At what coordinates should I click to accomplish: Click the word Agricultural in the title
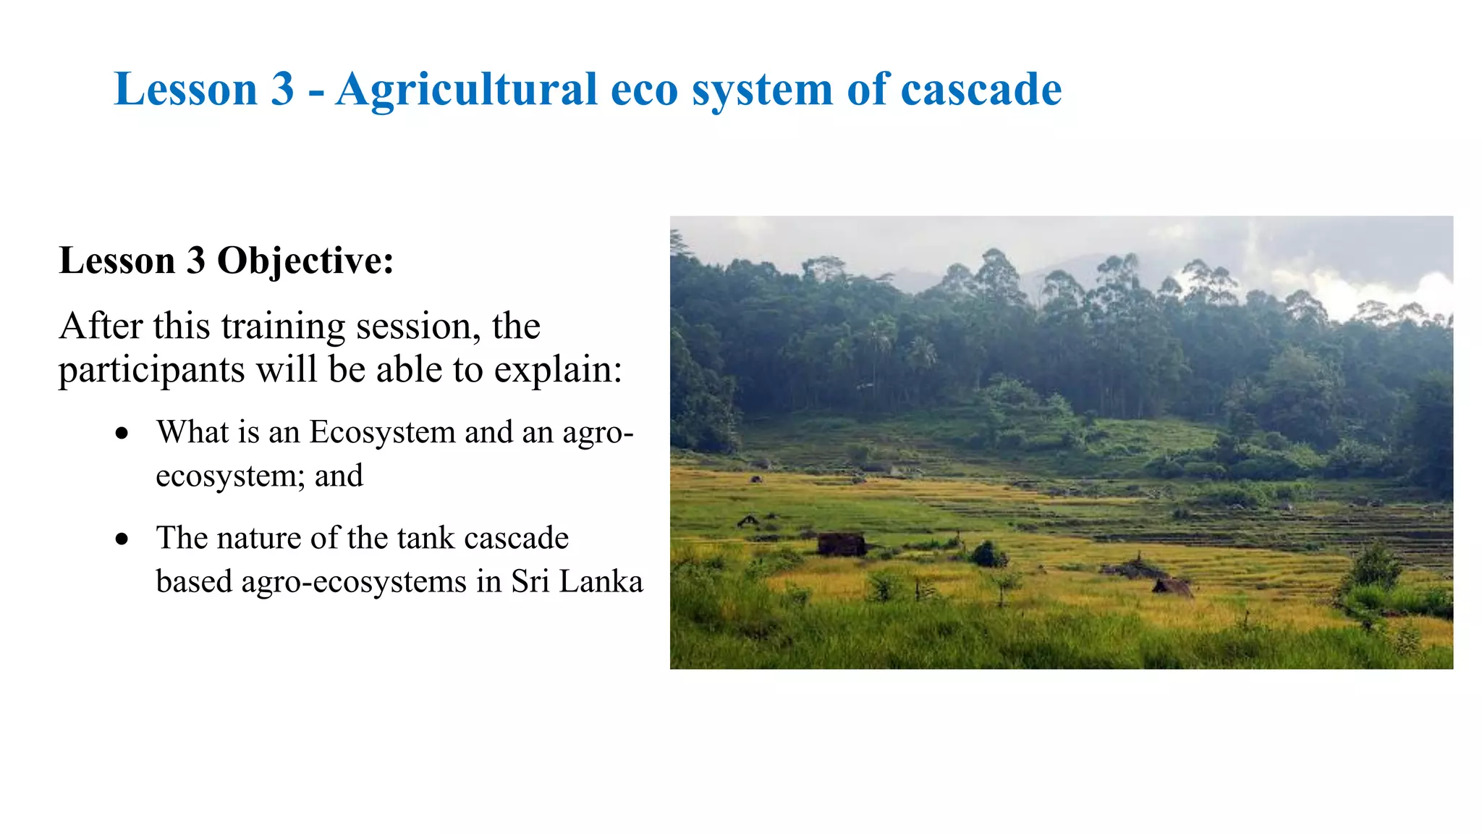click(x=467, y=90)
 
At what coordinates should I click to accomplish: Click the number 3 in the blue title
click(x=282, y=90)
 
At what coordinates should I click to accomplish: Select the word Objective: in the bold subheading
click(x=305, y=261)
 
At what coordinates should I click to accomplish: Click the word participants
click(x=151, y=371)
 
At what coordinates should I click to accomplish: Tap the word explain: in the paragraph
click(x=558, y=371)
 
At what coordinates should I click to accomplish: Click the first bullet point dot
click(x=122, y=434)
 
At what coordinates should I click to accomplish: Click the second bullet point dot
click(x=122, y=539)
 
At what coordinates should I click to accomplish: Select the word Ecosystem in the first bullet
click(x=382, y=433)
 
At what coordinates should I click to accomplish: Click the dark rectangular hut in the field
click(x=841, y=544)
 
